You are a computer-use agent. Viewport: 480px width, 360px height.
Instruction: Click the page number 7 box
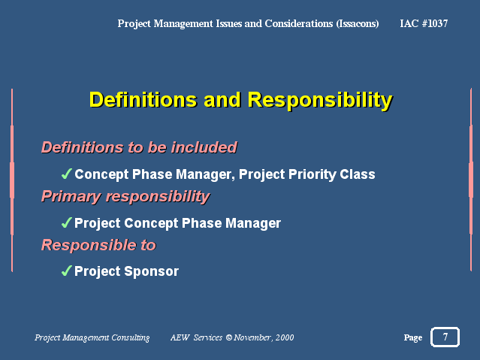coord(445,337)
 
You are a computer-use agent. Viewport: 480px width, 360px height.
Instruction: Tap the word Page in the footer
coord(412,337)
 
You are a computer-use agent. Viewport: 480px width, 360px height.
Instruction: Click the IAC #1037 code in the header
coord(424,23)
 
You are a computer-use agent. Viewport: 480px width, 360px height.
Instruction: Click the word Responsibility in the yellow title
coord(320,100)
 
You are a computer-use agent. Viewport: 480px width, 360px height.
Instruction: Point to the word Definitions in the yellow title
coord(143,99)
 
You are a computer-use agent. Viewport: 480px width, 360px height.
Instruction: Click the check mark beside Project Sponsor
coord(66,271)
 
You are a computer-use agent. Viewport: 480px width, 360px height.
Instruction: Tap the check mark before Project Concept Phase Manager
coord(66,222)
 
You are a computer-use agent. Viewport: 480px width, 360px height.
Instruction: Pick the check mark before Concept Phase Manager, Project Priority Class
coord(66,174)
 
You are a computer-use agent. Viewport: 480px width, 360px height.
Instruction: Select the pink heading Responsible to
coord(98,245)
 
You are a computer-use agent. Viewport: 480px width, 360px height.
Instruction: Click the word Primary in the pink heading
coord(71,197)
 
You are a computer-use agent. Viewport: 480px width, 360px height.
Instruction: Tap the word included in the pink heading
coord(204,147)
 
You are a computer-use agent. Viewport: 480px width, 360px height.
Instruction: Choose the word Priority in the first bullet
coord(312,174)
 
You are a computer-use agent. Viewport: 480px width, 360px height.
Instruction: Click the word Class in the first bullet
coord(358,174)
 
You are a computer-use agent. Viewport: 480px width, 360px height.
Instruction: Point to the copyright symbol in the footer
coord(229,337)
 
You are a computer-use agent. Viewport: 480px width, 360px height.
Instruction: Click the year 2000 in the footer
coord(285,337)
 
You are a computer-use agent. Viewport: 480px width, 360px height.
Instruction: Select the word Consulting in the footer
coord(131,337)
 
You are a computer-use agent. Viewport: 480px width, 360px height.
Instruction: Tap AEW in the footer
coord(180,337)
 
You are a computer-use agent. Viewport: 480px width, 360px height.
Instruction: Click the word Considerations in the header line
coord(299,23)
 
